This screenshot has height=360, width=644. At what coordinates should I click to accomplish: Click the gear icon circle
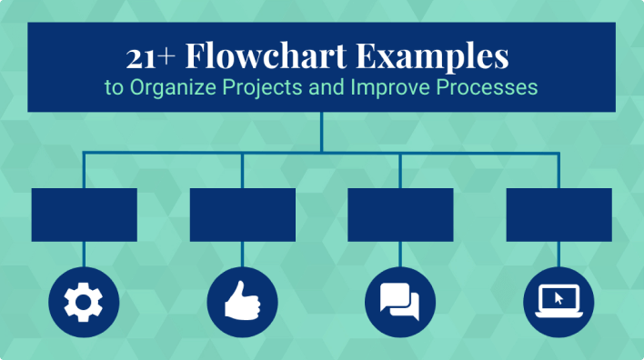(x=84, y=303)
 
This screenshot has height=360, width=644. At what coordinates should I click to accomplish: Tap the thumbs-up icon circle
(x=242, y=303)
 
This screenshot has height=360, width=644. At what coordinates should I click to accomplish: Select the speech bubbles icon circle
(x=400, y=303)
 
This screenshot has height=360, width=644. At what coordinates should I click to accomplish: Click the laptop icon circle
(x=558, y=303)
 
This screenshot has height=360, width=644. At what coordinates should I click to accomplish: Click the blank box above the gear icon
(x=84, y=215)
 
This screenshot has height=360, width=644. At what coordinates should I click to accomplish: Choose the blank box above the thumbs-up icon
(x=242, y=215)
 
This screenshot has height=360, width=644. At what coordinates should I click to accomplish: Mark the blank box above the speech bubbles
(x=400, y=215)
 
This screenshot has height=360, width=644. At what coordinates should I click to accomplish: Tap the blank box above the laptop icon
(x=558, y=215)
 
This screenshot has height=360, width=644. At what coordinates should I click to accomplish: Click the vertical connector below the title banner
(x=321, y=132)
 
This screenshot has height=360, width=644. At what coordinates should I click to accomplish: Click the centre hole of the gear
(x=84, y=303)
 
